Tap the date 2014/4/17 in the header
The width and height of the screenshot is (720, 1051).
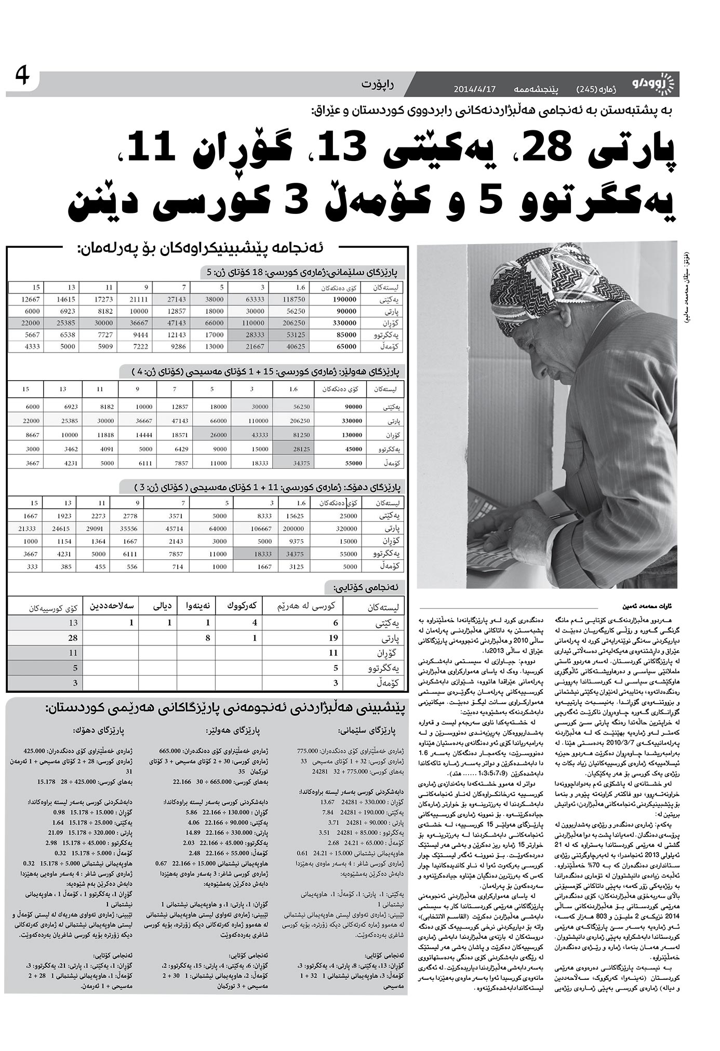click(475, 88)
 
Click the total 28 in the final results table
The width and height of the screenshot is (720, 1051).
click(72, 638)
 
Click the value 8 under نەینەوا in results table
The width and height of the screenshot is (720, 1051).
click(208, 638)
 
